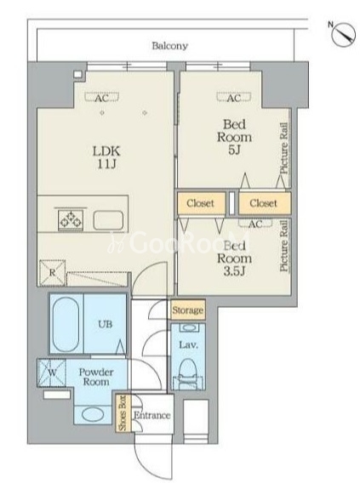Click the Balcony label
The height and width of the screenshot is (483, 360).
[170, 46]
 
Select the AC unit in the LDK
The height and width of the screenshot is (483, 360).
[102, 98]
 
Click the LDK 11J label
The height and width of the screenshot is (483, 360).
[106, 157]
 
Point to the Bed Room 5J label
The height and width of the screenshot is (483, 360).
[234, 137]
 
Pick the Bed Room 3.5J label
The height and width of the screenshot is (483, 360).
[234, 259]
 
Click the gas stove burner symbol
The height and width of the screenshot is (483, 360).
[71, 220]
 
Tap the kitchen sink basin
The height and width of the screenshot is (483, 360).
[108, 220]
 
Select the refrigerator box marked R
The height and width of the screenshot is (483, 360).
[53, 273]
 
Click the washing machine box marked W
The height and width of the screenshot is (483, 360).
[52, 372]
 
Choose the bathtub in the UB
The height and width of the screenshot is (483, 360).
[66, 323]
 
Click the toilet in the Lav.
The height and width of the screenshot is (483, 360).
[188, 373]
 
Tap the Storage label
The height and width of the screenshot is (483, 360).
[188, 310]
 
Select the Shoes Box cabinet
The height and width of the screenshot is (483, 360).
[123, 412]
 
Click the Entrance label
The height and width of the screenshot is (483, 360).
[152, 415]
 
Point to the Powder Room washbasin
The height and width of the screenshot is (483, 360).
[93, 414]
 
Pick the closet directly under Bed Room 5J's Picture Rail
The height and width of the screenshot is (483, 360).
[265, 203]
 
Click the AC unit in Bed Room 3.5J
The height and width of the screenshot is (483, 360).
[255, 223]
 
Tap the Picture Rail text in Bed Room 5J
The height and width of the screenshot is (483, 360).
[284, 148]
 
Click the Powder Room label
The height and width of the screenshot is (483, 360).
[96, 377]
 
